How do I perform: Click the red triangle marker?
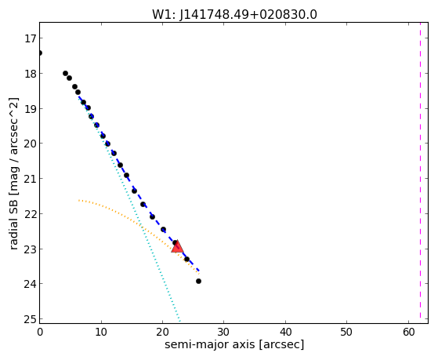pyautogui.click(x=177, y=247)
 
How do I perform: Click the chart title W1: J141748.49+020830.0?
pyautogui.click(x=234, y=14)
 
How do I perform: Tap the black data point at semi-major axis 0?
pyautogui.click(x=40, y=53)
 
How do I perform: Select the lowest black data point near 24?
pyautogui.click(x=198, y=281)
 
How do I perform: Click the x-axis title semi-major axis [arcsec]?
pyautogui.click(x=234, y=344)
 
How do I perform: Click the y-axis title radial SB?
pyautogui.click(x=14, y=173)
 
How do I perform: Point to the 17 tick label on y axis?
pyautogui.click(x=31, y=38)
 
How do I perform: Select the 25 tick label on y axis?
pyautogui.click(x=31, y=319)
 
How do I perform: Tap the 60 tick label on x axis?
pyautogui.click(x=408, y=332)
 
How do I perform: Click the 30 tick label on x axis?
pyautogui.click(x=224, y=332)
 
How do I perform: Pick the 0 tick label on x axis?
pyautogui.click(x=40, y=332)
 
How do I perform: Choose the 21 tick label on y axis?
pyautogui.click(x=31, y=179)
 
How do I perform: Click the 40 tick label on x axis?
pyautogui.click(x=285, y=332)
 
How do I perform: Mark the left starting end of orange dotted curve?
pyautogui.click(x=79, y=200)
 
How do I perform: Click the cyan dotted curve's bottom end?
pyautogui.click(x=179, y=321)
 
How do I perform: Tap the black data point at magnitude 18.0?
pyautogui.click(x=65, y=73)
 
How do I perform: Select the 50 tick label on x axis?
pyautogui.click(x=346, y=332)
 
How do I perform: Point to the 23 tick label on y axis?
pyautogui.click(x=31, y=249)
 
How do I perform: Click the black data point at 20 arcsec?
pyautogui.click(x=164, y=229)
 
